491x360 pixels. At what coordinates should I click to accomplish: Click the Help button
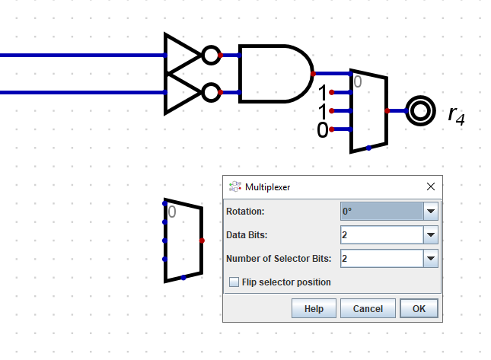click(x=314, y=308)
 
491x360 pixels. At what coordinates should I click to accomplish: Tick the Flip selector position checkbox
click(x=234, y=282)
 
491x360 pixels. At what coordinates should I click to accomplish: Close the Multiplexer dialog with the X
click(x=431, y=186)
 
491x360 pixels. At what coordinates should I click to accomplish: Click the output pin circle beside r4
click(x=418, y=111)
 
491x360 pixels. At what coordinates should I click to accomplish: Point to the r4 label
click(x=456, y=115)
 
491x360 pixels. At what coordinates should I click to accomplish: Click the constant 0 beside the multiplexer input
click(x=323, y=130)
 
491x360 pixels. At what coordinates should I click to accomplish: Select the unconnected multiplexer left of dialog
click(x=183, y=240)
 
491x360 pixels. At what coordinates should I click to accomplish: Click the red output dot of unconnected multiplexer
click(x=202, y=241)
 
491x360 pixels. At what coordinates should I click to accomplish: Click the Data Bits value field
click(x=381, y=235)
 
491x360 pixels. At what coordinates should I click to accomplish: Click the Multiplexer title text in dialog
click(x=267, y=186)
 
